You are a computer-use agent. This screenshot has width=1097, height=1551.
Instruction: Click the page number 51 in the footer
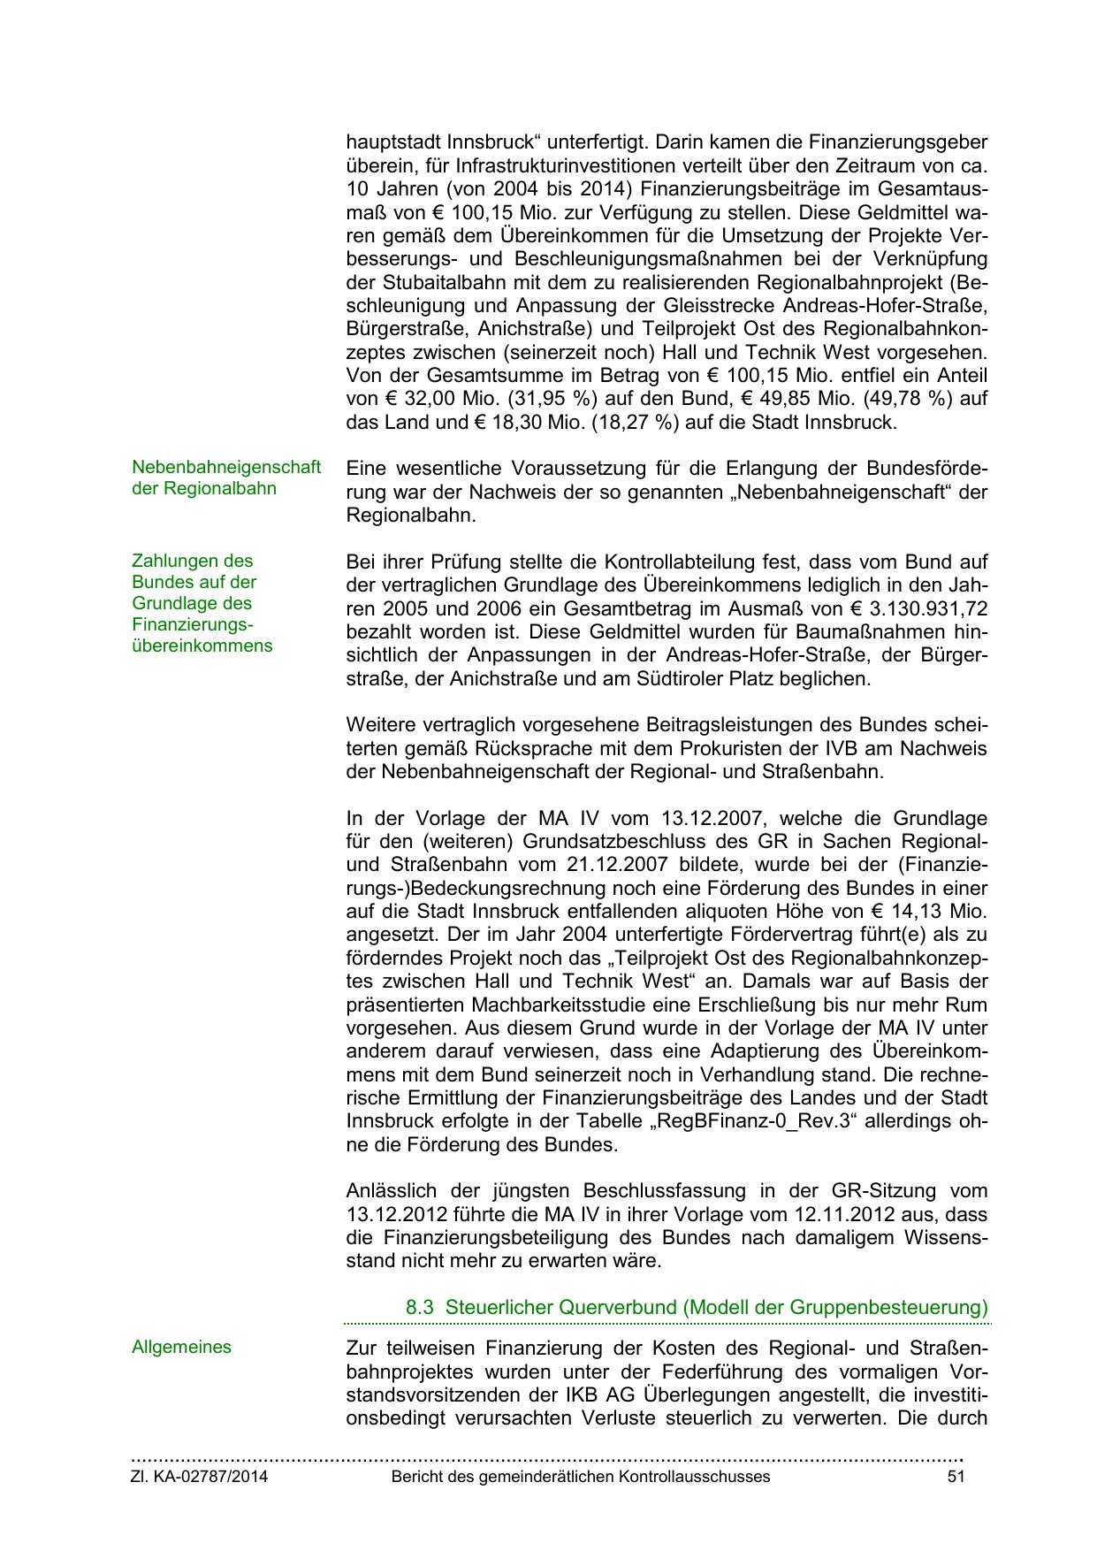956,1477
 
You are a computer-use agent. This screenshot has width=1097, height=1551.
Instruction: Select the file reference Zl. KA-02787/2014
200,1477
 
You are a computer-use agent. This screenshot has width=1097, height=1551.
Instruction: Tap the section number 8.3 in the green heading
420,1307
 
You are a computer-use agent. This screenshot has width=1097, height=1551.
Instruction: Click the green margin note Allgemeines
181,1348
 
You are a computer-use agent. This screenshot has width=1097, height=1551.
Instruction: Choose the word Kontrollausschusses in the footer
694,1477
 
